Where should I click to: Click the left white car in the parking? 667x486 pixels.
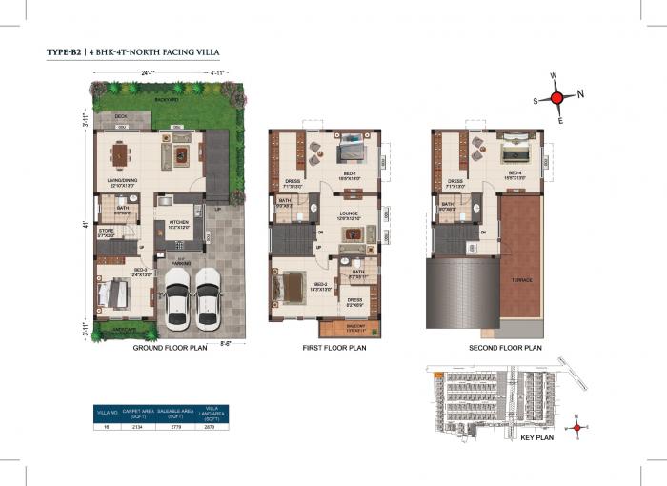(x=176, y=298)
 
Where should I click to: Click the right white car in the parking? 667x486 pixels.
(x=207, y=298)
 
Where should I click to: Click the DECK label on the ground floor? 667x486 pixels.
(x=121, y=116)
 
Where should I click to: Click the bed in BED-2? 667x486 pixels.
(x=291, y=285)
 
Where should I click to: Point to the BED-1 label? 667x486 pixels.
(x=351, y=174)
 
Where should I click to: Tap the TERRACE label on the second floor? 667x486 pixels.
(x=520, y=279)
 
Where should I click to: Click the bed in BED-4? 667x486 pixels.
(x=515, y=150)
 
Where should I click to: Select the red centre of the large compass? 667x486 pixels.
(x=562, y=95)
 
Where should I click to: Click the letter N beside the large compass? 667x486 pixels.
(x=581, y=93)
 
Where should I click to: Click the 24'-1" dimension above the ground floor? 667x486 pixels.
(x=148, y=72)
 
